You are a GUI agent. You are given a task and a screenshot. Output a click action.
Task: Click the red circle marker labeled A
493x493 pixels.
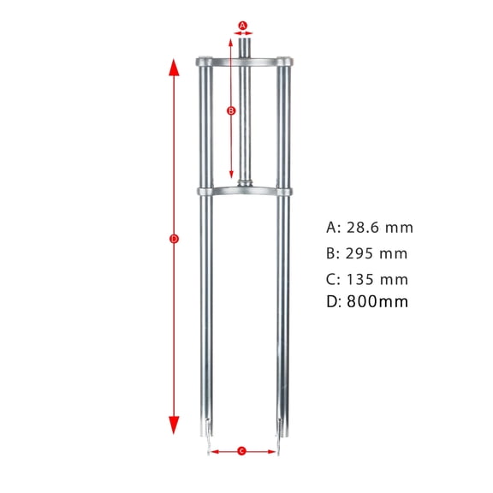point(242,26)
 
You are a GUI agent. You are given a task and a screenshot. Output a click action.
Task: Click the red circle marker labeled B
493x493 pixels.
point(230,110)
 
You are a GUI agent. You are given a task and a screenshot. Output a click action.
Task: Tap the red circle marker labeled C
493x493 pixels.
point(242,450)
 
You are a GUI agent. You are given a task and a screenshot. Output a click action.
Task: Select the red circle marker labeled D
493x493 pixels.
point(174,240)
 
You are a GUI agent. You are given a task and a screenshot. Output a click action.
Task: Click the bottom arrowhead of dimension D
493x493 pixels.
point(174,425)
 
